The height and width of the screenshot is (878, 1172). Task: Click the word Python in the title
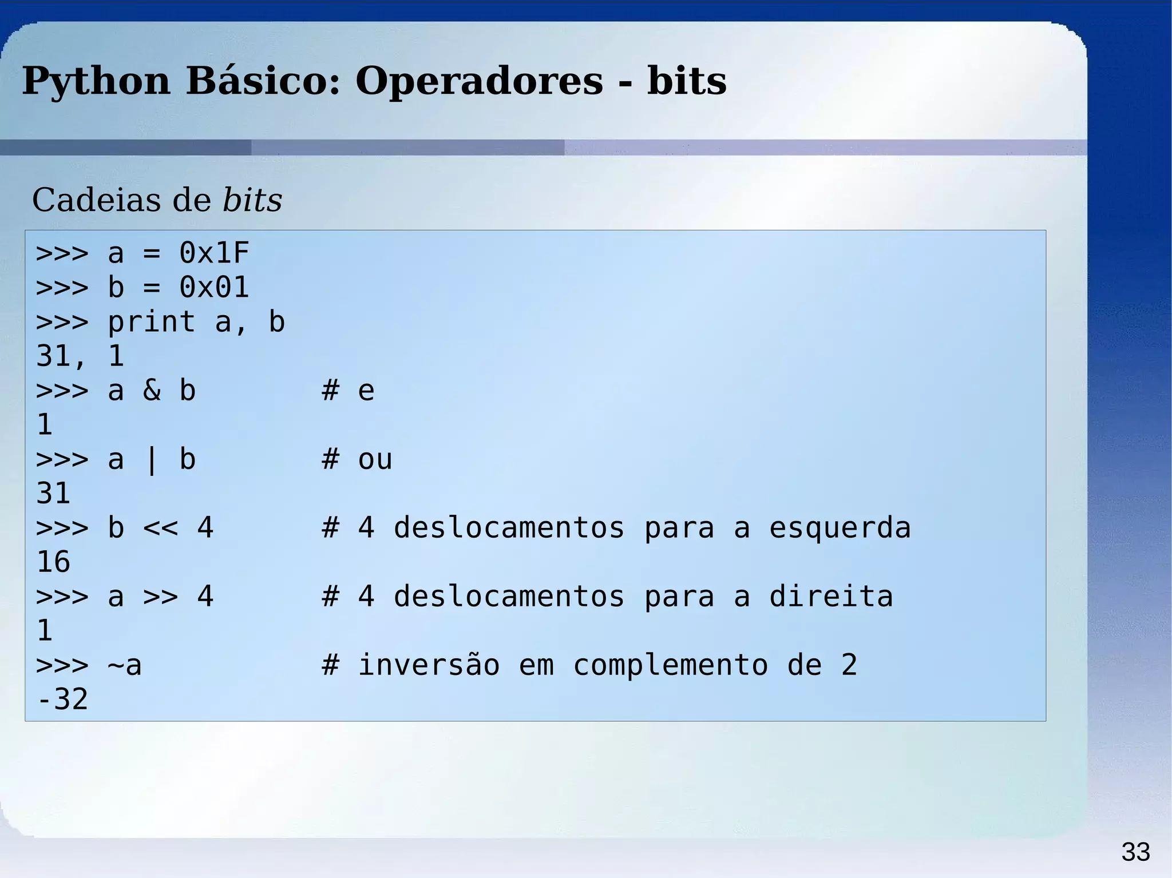96,81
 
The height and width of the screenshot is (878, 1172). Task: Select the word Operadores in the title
479,81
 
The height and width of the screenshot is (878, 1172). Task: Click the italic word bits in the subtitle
252,200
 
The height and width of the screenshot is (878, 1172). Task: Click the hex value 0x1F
214,253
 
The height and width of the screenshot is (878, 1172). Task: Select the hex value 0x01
214,287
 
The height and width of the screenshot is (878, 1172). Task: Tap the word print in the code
152,322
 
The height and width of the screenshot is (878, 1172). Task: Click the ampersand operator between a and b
152,391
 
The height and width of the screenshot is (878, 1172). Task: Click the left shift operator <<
160,528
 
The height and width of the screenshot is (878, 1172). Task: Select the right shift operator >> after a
160,597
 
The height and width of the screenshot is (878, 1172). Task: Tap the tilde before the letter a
116,665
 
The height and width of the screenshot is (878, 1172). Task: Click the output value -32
62,700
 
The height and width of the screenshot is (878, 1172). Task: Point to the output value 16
53,562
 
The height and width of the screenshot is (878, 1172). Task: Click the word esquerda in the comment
839,528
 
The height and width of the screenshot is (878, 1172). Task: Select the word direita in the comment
830,597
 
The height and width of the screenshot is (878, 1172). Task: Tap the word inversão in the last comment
429,665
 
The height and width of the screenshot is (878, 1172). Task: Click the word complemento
670,665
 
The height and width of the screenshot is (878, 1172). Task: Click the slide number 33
1135,852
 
